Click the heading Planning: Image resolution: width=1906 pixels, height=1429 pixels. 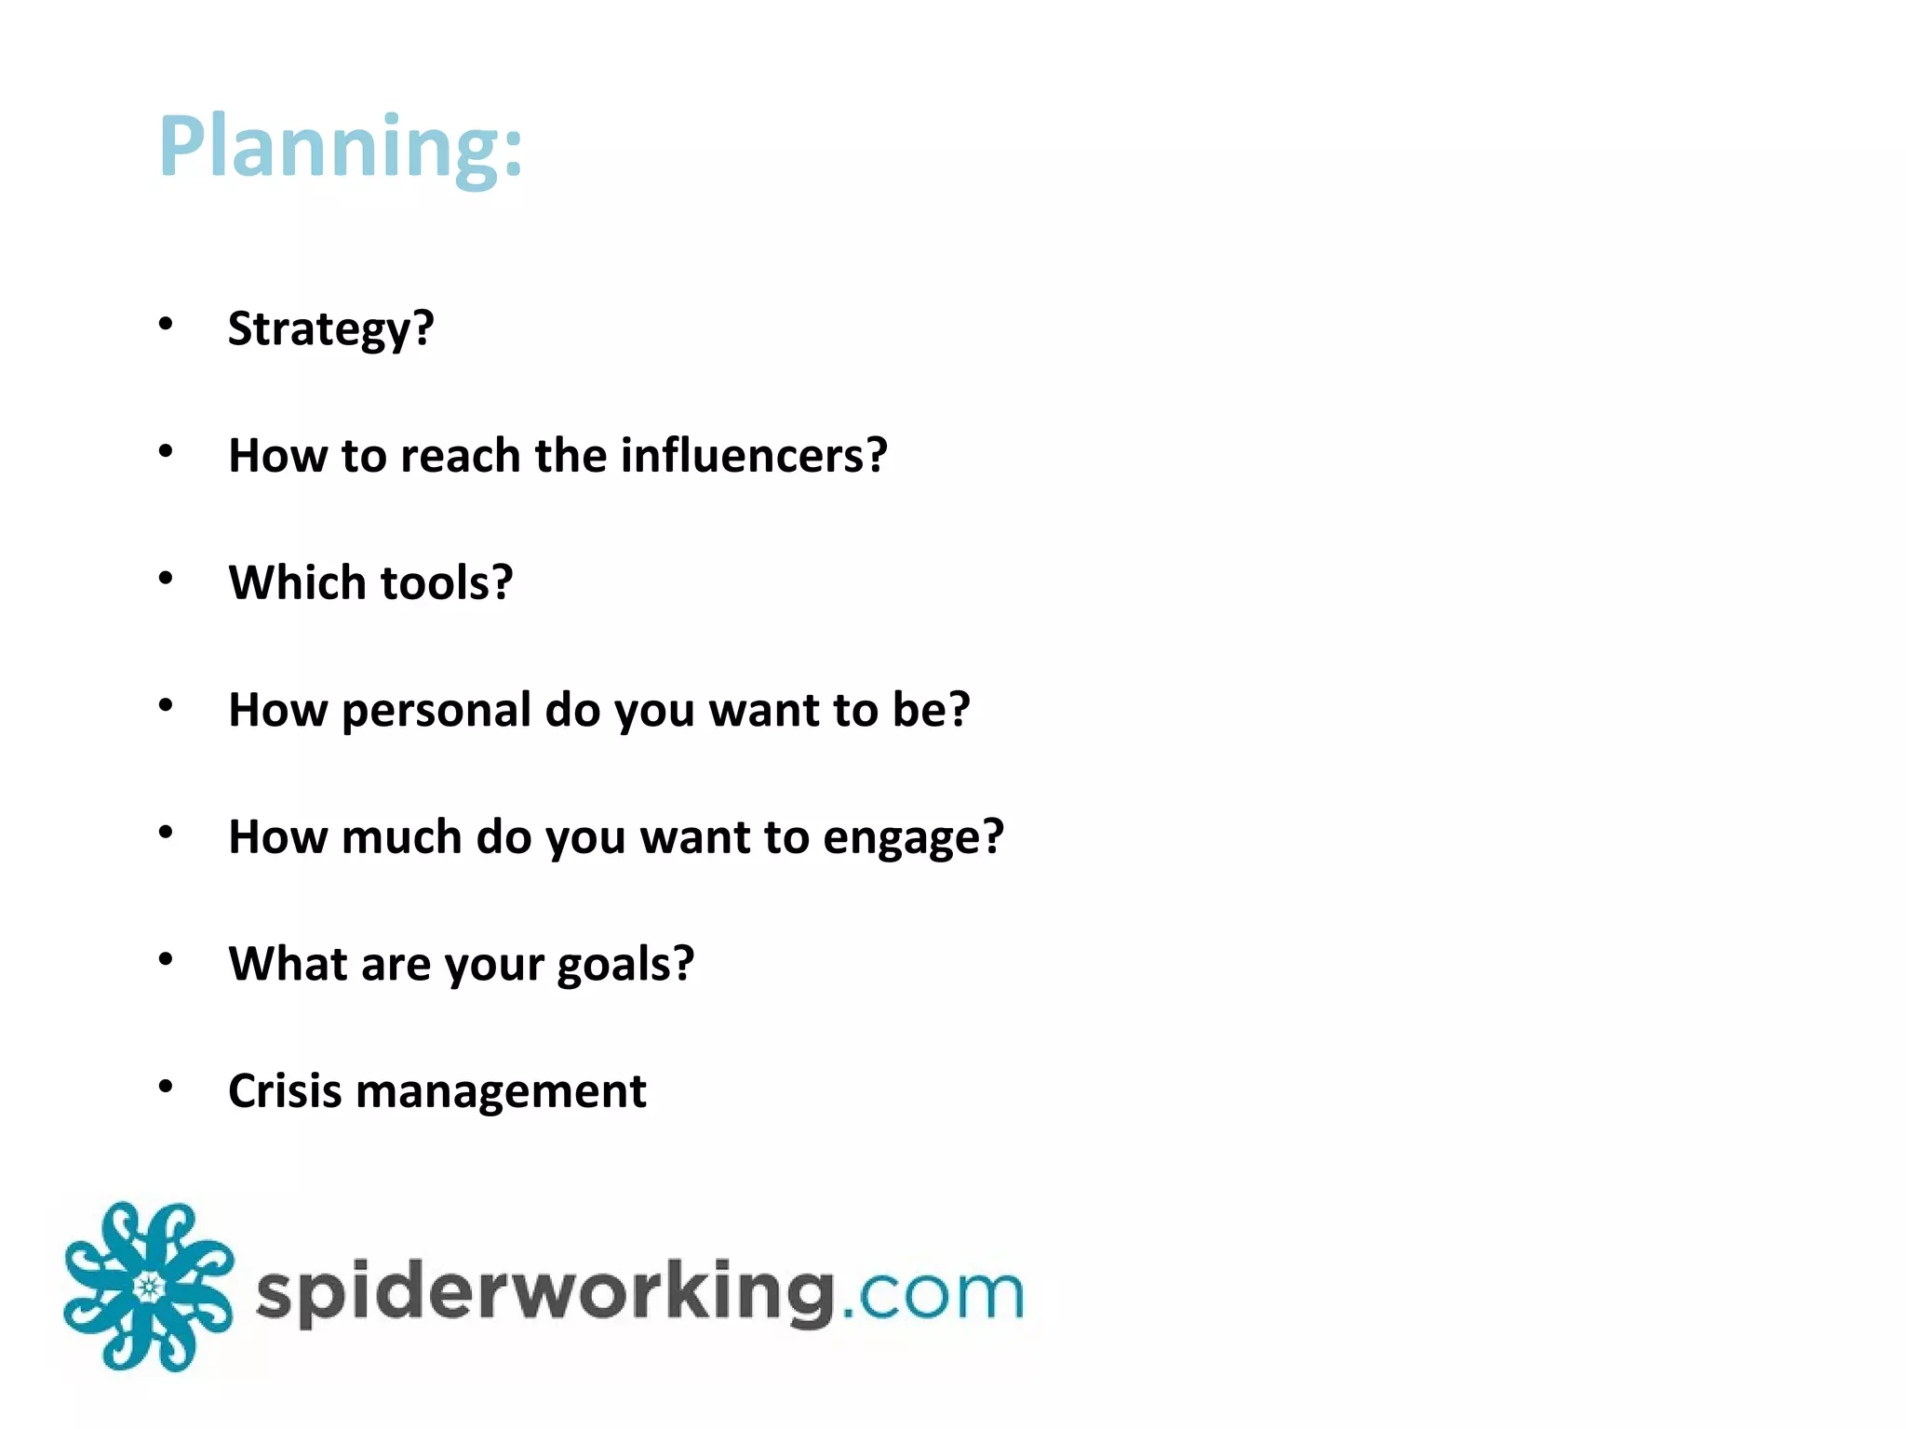coord(341,146)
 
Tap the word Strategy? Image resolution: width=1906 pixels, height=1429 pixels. coord(330,328)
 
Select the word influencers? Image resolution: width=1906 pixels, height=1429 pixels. coord(754,456)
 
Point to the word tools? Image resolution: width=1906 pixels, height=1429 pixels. coord(447,582)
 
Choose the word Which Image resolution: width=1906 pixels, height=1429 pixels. coord(298,582)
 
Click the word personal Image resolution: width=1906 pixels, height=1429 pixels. coord(436,710)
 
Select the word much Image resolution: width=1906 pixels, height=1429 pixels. coord(401,836)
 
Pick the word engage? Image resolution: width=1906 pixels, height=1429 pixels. coord(913,838)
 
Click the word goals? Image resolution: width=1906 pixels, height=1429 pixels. coord(624,965)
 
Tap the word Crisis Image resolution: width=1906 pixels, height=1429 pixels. coord(285,1090)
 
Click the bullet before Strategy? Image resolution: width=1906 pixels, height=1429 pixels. coord(166,324)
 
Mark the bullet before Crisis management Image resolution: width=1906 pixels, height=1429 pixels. coord(166,1086)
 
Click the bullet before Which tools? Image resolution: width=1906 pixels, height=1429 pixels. coord(166,578)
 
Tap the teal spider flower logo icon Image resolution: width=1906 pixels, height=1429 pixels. coord(148,1287)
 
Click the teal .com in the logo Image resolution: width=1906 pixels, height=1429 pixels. coord(932,1293)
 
